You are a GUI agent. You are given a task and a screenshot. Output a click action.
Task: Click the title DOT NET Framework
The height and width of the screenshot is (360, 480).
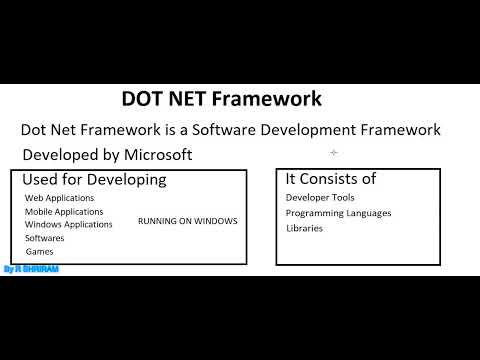tap(221, 100)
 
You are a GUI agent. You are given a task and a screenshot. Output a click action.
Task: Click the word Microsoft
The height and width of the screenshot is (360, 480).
tap(156, 155)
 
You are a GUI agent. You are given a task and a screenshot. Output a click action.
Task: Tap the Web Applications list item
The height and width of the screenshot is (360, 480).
tap(61, 199)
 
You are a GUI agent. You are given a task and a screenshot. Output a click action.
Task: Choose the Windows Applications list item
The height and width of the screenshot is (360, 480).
tap(69, 225)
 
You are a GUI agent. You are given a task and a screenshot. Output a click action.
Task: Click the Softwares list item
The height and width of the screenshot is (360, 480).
tap(45, 239)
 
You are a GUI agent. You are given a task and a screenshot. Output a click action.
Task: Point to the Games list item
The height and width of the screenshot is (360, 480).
tap(40, 252)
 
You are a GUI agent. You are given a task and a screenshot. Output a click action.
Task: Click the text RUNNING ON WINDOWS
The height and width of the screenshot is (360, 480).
tap(187, 220)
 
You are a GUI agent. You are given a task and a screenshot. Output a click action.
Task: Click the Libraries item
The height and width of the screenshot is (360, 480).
tap(304, 228)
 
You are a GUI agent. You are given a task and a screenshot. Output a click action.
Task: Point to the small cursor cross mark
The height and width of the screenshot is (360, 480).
tap(334, 153)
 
